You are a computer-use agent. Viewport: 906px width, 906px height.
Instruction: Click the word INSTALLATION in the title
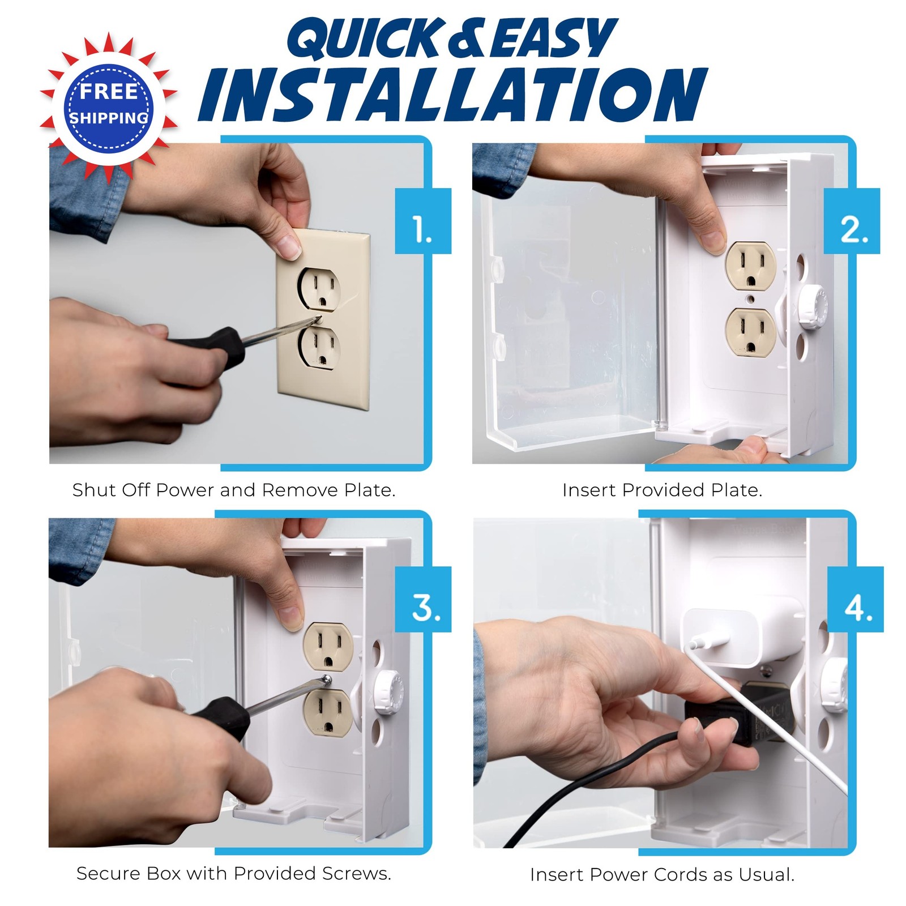coord(453,95)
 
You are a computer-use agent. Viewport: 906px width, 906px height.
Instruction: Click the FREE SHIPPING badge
coord(108,106)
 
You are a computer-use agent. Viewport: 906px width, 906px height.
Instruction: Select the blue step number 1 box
coord(423,221)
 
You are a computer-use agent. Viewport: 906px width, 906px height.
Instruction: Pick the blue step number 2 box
coord(851,221)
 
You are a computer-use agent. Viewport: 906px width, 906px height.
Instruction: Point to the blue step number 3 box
coord(423,599)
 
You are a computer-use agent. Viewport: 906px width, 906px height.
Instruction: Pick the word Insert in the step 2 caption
coord(589,490)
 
